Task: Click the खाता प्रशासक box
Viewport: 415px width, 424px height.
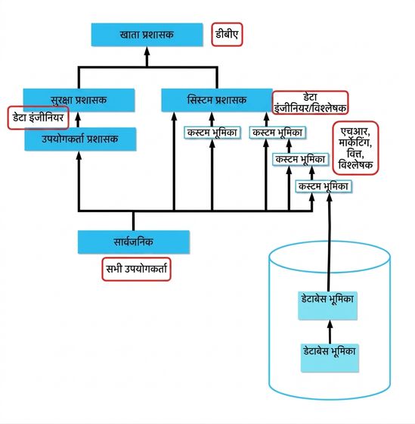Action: (147, 35)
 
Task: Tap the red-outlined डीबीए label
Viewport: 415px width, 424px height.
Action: (227, 34)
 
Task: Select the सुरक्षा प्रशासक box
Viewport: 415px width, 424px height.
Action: (79, 100)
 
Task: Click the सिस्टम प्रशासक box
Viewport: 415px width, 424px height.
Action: (217, 100)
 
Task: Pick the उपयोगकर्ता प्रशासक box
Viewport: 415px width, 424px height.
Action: (80, 139)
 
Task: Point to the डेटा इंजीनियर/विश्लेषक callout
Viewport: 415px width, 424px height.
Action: (310, 103)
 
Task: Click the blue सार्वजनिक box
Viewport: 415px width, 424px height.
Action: (134, 242)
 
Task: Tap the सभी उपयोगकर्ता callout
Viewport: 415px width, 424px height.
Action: (136, 269)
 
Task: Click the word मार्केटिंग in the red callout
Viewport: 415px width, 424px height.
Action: (355, 142)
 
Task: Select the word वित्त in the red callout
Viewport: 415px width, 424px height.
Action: (355, 154)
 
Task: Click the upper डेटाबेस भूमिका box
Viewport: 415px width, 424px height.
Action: (327, 306)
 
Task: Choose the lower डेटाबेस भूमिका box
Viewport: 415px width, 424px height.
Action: (330, 358)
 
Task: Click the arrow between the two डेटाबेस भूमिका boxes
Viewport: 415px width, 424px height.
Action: (330, 332)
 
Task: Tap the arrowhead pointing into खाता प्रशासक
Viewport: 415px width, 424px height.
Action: (147, 51)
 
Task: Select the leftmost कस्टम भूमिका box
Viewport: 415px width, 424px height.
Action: (212, 132)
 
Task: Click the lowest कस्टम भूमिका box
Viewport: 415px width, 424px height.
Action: (324, 186)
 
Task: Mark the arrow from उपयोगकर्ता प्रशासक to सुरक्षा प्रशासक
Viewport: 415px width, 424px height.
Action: (79, 120)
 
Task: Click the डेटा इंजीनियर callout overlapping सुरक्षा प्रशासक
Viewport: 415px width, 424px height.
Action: (38, 117)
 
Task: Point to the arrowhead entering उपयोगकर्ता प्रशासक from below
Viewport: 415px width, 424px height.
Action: (79, 155)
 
